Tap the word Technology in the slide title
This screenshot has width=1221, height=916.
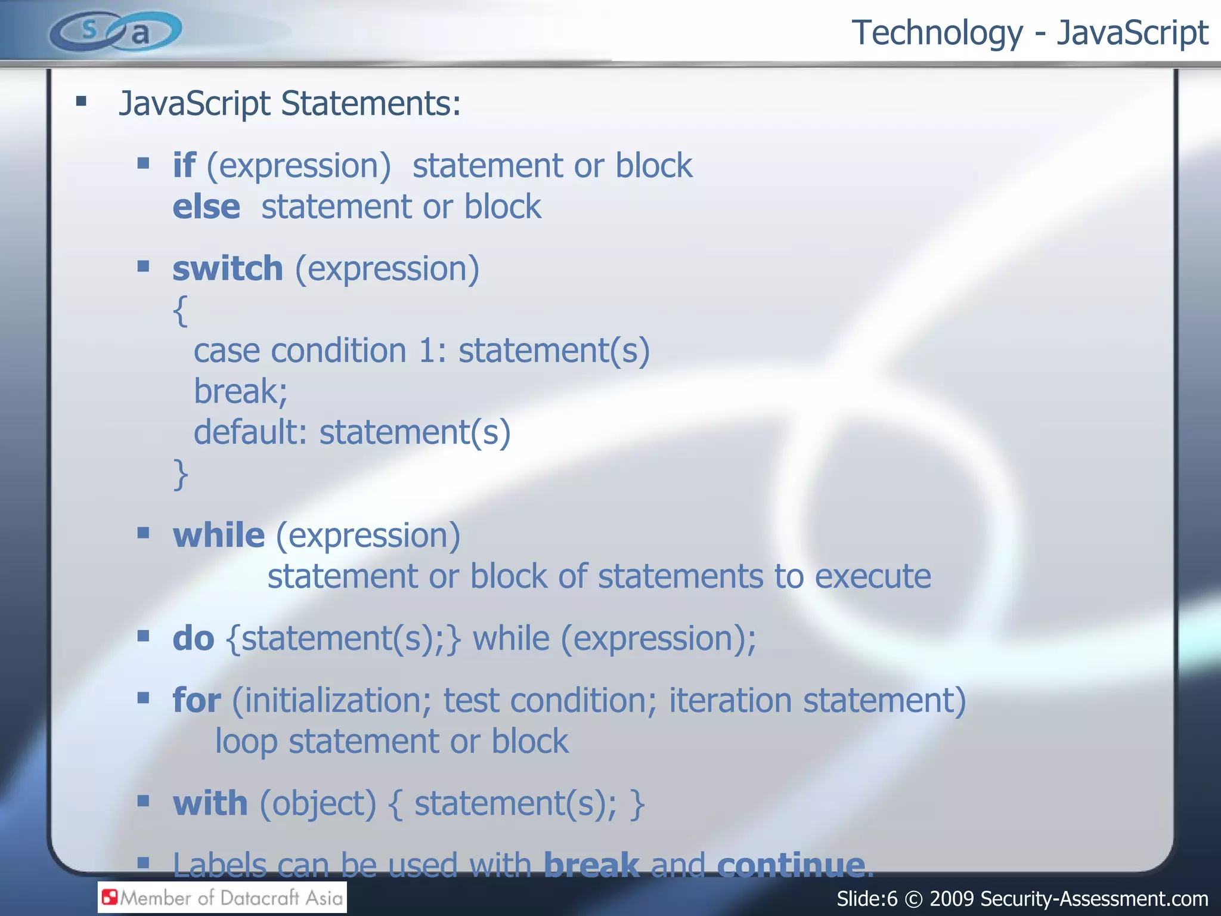(937, 33)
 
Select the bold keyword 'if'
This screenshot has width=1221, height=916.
(184, 165)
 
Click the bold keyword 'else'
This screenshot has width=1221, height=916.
(206, 207)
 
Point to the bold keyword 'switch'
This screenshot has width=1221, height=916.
(228, 268)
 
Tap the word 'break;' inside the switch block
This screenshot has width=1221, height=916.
(241, 392)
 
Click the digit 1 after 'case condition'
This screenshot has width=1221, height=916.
(427, 351)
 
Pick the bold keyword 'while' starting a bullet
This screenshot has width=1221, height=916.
(219, 535)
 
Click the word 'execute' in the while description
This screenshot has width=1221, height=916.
(872, 577)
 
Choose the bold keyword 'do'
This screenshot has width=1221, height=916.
(193, 639)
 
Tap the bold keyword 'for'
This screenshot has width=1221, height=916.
(197, 700)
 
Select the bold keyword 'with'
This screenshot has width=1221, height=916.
(210, 803)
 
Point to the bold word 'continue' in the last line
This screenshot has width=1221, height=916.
(791, 864)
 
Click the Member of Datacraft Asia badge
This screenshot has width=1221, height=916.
(222, 898)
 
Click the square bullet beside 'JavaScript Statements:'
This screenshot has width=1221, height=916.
(82, 101)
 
